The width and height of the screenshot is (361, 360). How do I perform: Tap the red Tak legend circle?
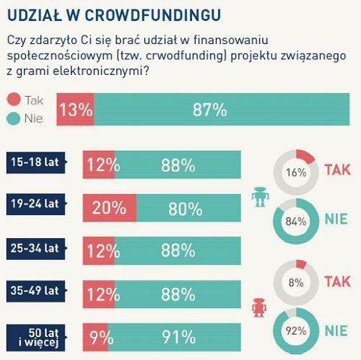coord(14,101)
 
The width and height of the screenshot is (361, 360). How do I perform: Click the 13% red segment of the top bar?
coord(75,110)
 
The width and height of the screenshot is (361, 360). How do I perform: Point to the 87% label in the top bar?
coord(209,110)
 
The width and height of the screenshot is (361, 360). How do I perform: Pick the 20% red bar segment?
coord(109,208)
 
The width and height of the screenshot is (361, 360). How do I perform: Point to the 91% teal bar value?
coord(178,336)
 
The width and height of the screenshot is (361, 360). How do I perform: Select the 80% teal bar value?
coord(185,208)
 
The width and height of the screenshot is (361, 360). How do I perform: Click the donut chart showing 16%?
coord(295,173)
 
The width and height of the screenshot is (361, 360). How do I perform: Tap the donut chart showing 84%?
coord(295,221)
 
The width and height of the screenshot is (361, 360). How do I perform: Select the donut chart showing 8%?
coord(295,284)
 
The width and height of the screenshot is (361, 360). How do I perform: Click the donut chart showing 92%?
coord(295,333)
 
